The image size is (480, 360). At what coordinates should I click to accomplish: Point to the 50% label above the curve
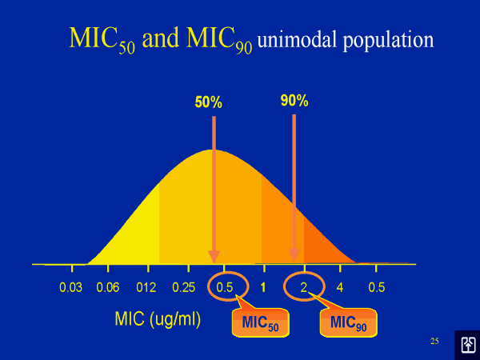click(x=208, y=102)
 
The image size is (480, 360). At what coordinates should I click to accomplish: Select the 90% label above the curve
click(x=294, y=101)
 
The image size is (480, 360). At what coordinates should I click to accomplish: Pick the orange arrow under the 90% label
click(x=294, y=184)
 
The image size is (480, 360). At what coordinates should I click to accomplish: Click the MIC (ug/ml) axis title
click(x=158, y=319)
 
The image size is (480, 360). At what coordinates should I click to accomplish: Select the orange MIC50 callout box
click(x=260, y=323)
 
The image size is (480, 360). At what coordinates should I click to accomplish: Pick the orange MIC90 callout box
click(x=348, y=323)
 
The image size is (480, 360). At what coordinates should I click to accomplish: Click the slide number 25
click(x=434, y=342)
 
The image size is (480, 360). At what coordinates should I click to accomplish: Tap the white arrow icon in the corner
click(x=467, y=344)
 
